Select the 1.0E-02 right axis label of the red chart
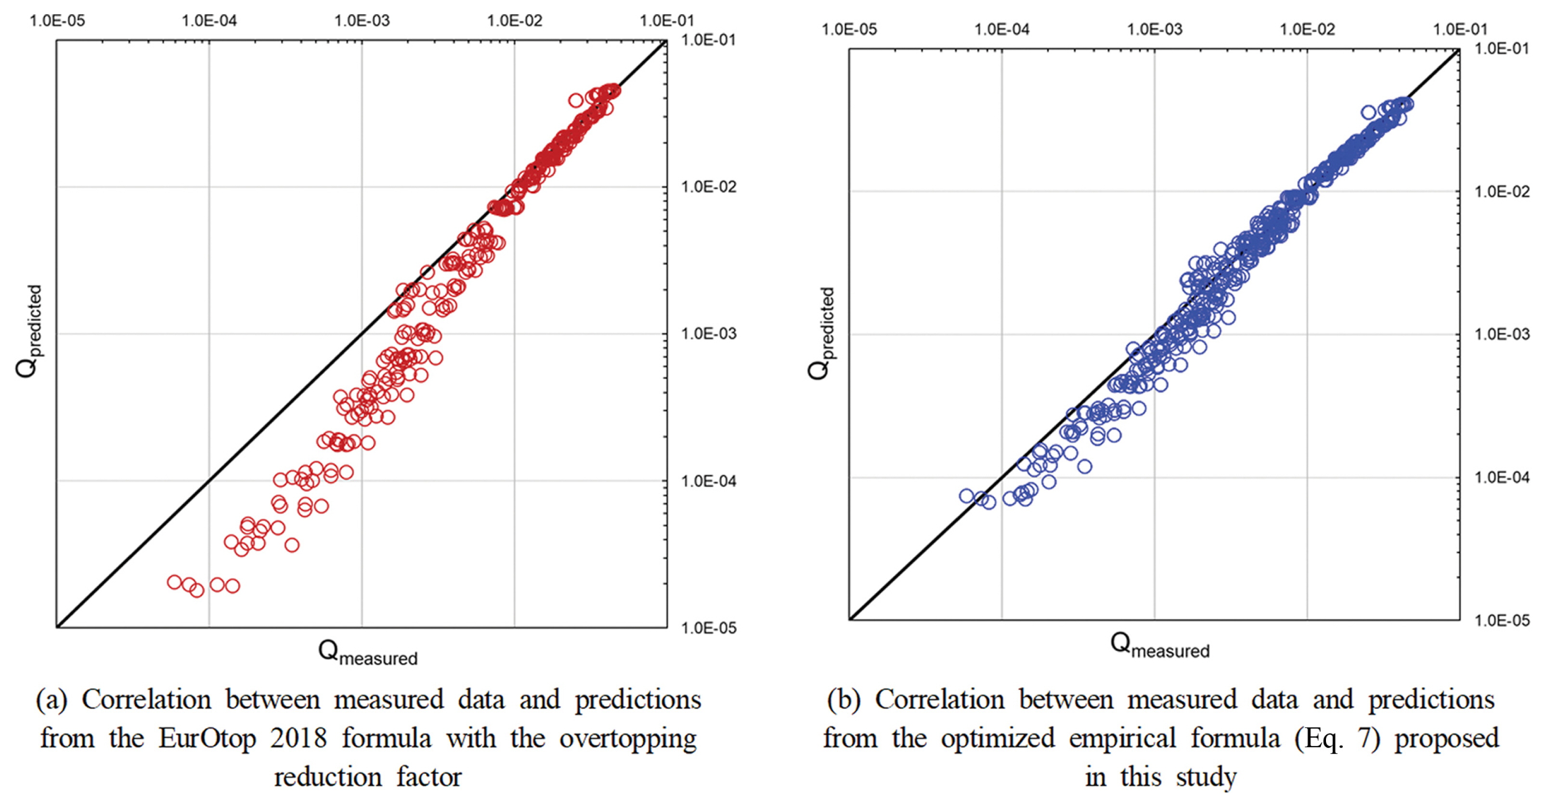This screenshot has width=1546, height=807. pos(708,187)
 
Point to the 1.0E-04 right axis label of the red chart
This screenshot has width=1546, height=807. pos(708,481)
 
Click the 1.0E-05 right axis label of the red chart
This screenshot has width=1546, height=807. pos(708,628)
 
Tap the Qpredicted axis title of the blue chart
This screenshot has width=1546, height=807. pos(821,333)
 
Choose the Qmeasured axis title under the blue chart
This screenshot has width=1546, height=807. pos(1159,645)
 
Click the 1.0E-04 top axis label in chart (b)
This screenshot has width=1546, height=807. pos(1001,29)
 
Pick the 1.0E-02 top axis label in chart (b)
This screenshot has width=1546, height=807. pos(1307,29)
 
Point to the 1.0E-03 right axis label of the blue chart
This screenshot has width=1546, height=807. pos(1502,334)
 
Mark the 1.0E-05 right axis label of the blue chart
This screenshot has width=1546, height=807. pos(1502,620)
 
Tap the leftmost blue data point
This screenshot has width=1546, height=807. pos(966,495)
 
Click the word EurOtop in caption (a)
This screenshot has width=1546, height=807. pos(207,739)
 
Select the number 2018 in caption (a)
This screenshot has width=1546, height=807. pos(298,739)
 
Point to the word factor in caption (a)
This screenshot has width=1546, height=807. pos(429,777)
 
